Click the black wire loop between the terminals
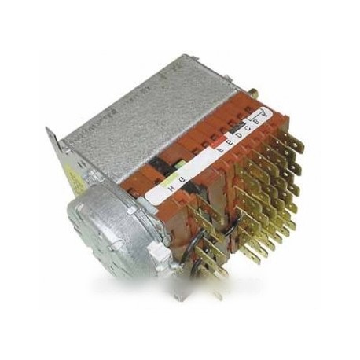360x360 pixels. pos(197,236)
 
